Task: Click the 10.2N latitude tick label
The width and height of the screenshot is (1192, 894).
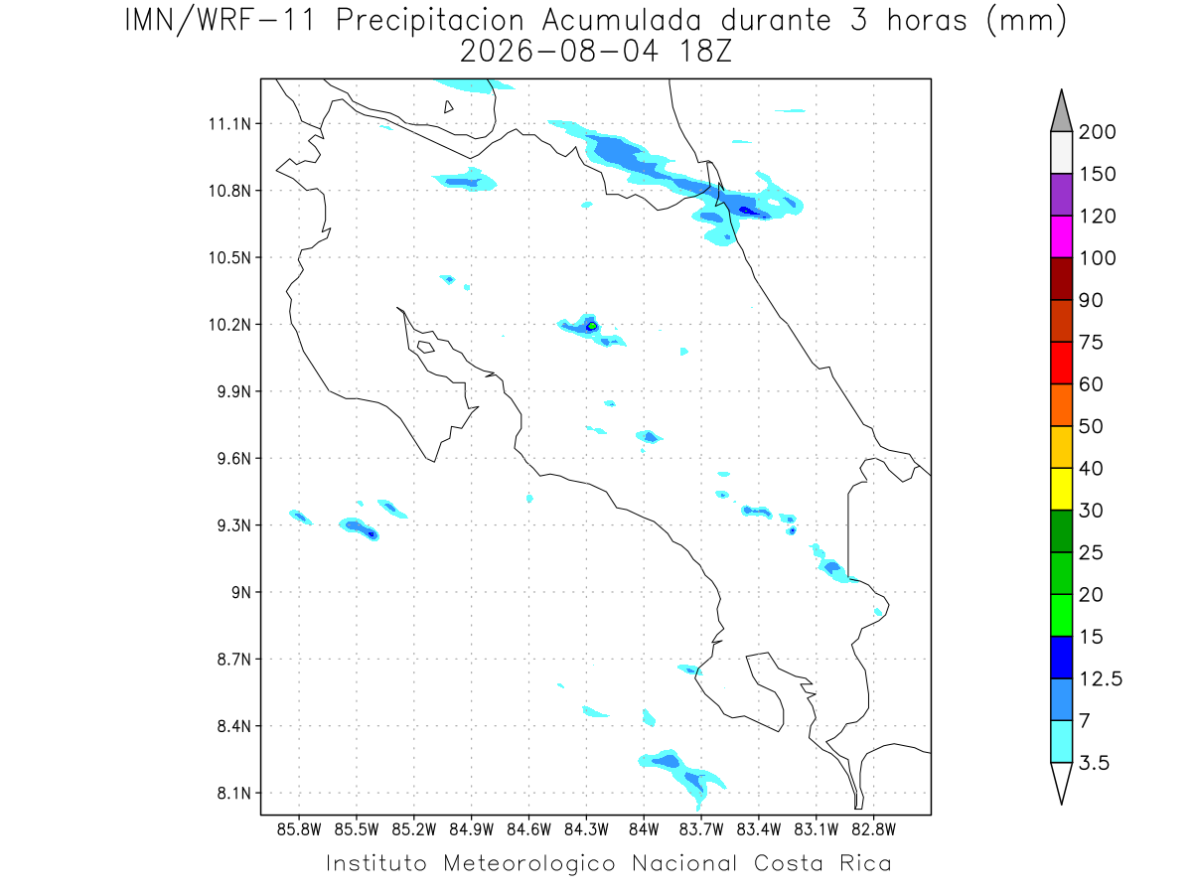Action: click(x=229, y=325)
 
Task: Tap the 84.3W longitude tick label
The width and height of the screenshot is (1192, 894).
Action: click(x=586, y=830)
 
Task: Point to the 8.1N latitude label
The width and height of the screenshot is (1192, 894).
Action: click(x=234, y=794)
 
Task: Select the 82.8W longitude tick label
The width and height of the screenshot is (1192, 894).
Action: click(x=873, y=830)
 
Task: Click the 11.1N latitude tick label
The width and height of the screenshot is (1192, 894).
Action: click(x=229, y=124)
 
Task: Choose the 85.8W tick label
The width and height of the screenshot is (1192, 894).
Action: click(x=299, y=830)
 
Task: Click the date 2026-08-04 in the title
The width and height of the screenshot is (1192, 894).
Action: click(x=559, y=52)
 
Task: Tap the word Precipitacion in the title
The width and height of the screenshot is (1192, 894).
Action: click(x=430, y=21)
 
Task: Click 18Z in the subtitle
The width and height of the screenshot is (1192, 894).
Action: click(x=706, y=52)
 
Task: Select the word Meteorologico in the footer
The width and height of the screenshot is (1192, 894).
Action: click(x=529, y=864)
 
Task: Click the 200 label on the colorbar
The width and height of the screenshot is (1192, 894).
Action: click(x=1097, y=132)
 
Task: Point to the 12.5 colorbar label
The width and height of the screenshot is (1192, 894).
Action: click(x=1101, y=679)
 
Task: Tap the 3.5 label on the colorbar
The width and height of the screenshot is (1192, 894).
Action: click(x=1094, y=763)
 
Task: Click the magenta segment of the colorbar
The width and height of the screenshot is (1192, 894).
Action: click(x=1061, y=236)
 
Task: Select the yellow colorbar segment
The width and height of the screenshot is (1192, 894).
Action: click(x=1061, y=489)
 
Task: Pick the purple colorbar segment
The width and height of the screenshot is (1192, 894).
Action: click(x=1061, y=195)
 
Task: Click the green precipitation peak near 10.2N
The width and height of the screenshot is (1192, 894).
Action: click(x=592, y=326)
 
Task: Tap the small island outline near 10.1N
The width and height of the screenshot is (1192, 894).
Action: click(x=425, y=347)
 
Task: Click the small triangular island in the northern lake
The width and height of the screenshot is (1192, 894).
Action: click(x=448, y=107)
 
